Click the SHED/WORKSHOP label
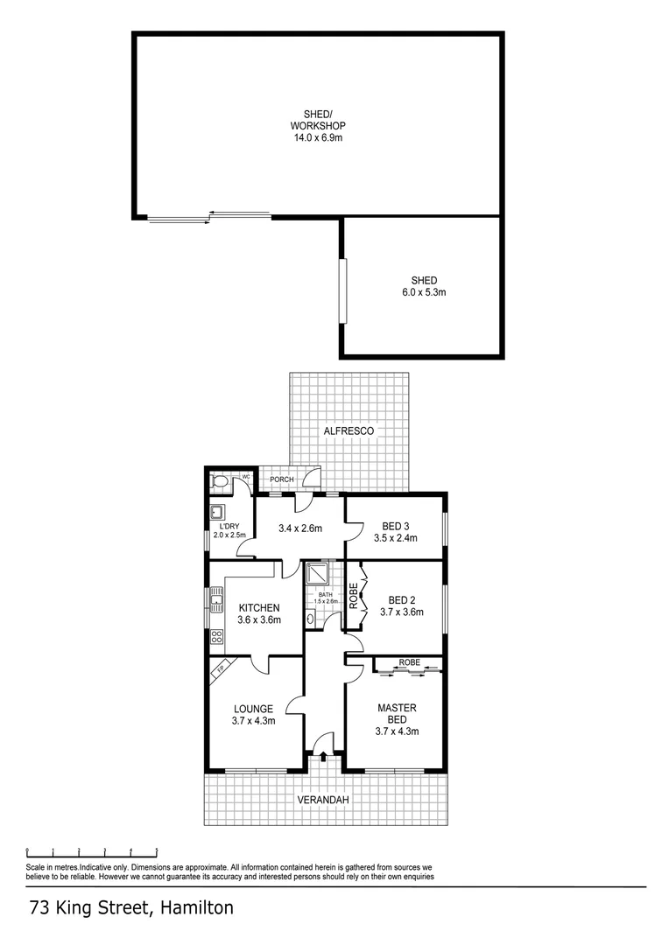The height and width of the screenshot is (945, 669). (319, 125)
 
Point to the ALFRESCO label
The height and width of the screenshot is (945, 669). (349, 431)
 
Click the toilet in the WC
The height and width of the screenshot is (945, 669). (220, 480)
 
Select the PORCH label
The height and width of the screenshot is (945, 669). (281, 479)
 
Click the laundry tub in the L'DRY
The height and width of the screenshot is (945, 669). (216, 514)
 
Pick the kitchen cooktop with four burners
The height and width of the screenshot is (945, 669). (215, 636)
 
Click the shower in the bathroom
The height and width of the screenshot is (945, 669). (315, 573)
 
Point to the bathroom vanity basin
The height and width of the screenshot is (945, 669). (311, 617)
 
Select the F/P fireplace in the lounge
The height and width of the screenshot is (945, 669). (221, 668)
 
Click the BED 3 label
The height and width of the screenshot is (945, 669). (396, 526)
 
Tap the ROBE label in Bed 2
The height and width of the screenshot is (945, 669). (354, 596)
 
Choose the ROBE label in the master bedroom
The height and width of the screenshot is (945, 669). (408, 663)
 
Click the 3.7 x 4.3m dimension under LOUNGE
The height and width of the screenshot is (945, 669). (254, 722)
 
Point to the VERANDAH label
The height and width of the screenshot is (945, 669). (323, 801)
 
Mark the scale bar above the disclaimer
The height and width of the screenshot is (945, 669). (91, 850)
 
